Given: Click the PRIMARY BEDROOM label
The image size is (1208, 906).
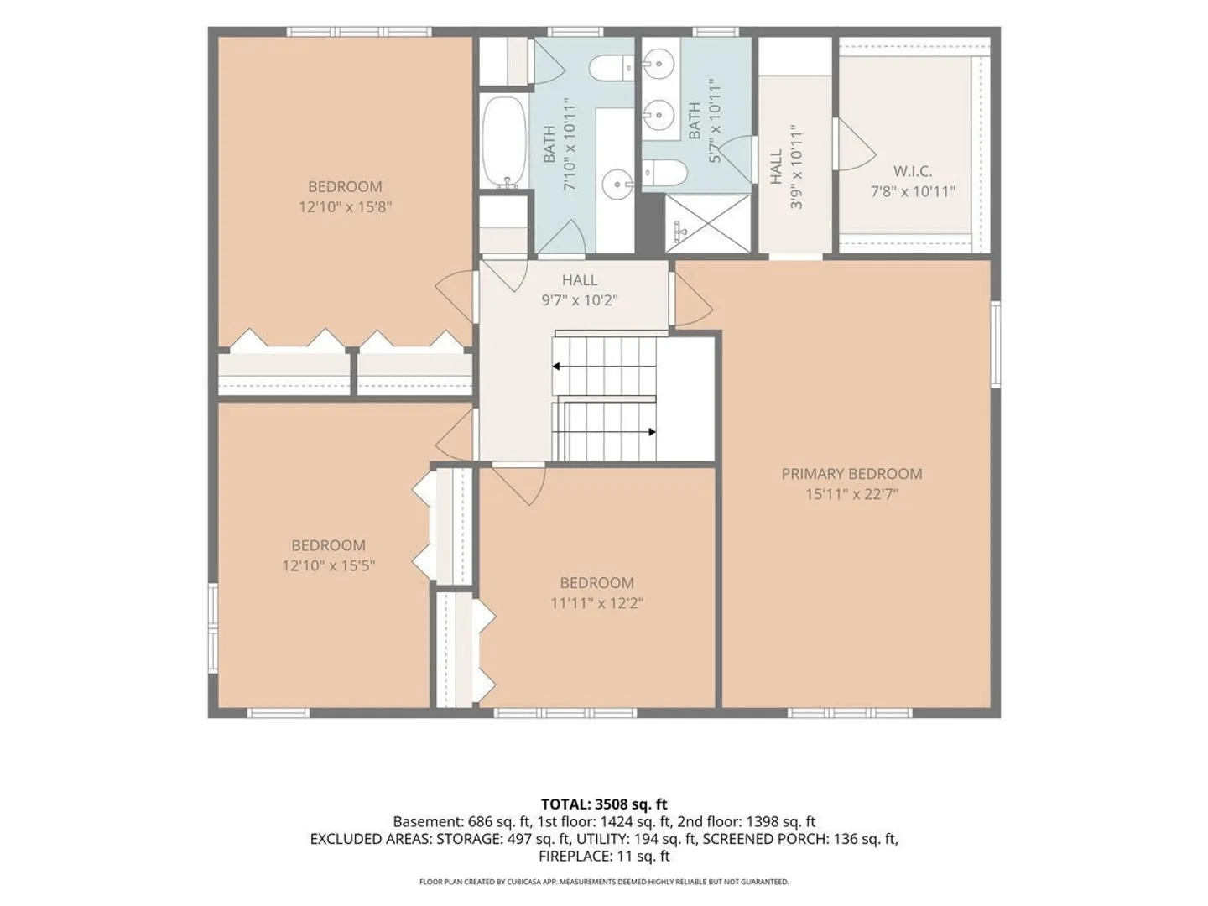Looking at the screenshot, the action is pyautogui.click(x=851, y=474).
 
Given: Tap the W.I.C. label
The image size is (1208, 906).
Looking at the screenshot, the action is pyautogui.click(x=913, y=171).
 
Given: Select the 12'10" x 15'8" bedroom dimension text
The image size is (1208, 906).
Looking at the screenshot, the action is pyautogui.click(x=345, y=207).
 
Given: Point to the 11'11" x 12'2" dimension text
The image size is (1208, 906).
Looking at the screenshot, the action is pyautogui.click(x=597, y=603).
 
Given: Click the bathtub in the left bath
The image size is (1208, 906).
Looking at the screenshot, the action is pyautogui.click(x=503, y=143).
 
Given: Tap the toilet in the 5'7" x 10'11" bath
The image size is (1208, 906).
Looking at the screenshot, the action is pyautogui.click(x=664, y=174).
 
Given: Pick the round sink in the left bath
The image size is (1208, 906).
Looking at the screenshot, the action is pyautogui.click(x=617, y=185).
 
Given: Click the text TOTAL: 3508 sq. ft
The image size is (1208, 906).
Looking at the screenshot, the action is pyautogui.click(x=604, y=804).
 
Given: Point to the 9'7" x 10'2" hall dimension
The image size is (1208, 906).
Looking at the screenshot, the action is pyautogui.click(x=580, y=300).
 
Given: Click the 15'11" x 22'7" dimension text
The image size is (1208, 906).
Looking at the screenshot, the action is pyautogui.click(x=852, y=494).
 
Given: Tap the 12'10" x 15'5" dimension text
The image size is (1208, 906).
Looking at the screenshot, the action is pyautogui.click(x=329, y=565).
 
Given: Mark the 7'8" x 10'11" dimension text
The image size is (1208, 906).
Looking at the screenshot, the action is pyautogui.click(x=913, y=191).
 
